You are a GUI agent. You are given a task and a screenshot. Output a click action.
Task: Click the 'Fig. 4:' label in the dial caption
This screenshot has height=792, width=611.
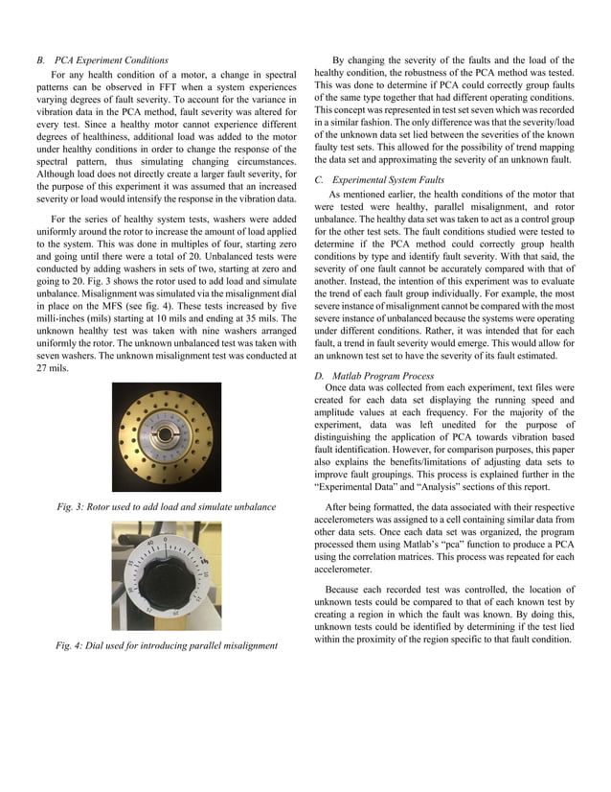(x=71, y=645)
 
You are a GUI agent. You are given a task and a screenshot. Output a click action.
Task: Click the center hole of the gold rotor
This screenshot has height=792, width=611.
(x=167, y=436)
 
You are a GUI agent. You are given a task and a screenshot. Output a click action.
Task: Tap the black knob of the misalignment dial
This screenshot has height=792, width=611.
(x=165, y=578)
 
